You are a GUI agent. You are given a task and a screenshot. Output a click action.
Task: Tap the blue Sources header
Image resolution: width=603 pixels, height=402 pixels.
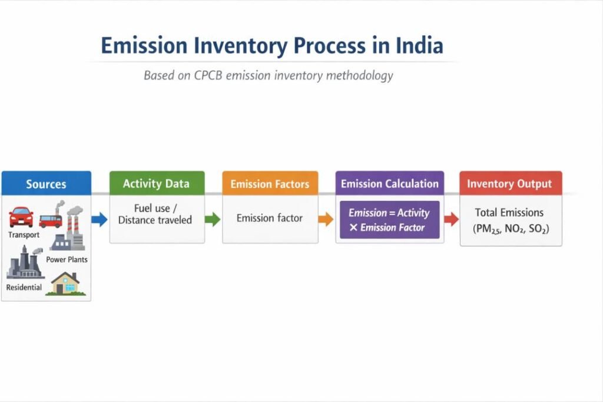46,184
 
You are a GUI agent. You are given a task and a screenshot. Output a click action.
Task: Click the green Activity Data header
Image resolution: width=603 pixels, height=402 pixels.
157,183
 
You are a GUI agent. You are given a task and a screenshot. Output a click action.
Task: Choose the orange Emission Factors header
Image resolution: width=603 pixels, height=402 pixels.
270,184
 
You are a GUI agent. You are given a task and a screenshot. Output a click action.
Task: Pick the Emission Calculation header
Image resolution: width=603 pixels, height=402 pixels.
389,183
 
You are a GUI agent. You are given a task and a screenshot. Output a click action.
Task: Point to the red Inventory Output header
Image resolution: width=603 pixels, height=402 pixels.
510,183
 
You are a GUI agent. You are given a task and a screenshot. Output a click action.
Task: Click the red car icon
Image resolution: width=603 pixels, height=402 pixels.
21,217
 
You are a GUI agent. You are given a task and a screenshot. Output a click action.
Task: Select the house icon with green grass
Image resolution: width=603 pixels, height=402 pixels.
65,284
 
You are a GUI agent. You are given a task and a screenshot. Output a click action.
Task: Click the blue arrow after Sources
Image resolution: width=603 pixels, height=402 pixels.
100,220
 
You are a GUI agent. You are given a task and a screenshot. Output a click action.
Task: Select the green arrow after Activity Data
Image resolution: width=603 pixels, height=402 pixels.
213,220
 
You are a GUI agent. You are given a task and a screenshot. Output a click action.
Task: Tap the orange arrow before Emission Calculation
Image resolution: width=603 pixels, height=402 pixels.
326,220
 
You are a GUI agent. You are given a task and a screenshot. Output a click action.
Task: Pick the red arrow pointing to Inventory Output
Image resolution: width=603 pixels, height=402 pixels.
451,220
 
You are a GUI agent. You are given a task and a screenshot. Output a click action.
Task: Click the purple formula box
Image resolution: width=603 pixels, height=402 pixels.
389,220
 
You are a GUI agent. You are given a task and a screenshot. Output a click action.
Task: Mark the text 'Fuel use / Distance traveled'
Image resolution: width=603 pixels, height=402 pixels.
155,215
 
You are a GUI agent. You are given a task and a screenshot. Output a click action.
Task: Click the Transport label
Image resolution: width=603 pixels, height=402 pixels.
24,235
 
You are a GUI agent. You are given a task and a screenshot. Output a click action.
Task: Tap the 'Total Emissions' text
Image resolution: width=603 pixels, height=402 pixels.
509,212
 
